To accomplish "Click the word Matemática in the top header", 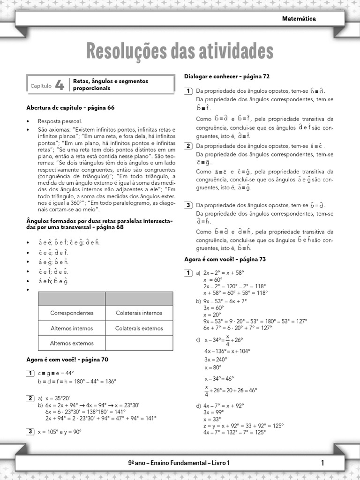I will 299,19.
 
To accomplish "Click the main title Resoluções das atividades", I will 180,51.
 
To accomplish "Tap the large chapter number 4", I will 59,85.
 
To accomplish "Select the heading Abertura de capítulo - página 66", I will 70,108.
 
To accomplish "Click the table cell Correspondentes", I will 72,313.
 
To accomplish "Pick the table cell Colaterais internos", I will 139,313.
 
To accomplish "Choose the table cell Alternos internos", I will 72,328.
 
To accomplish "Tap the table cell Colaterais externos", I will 139,328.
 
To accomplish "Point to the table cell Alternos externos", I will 72,343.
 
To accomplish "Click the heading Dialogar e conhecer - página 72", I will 227,76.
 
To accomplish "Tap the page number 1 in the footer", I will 323,463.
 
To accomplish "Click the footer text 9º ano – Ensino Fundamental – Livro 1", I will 179,463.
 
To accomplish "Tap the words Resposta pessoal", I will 60,121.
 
